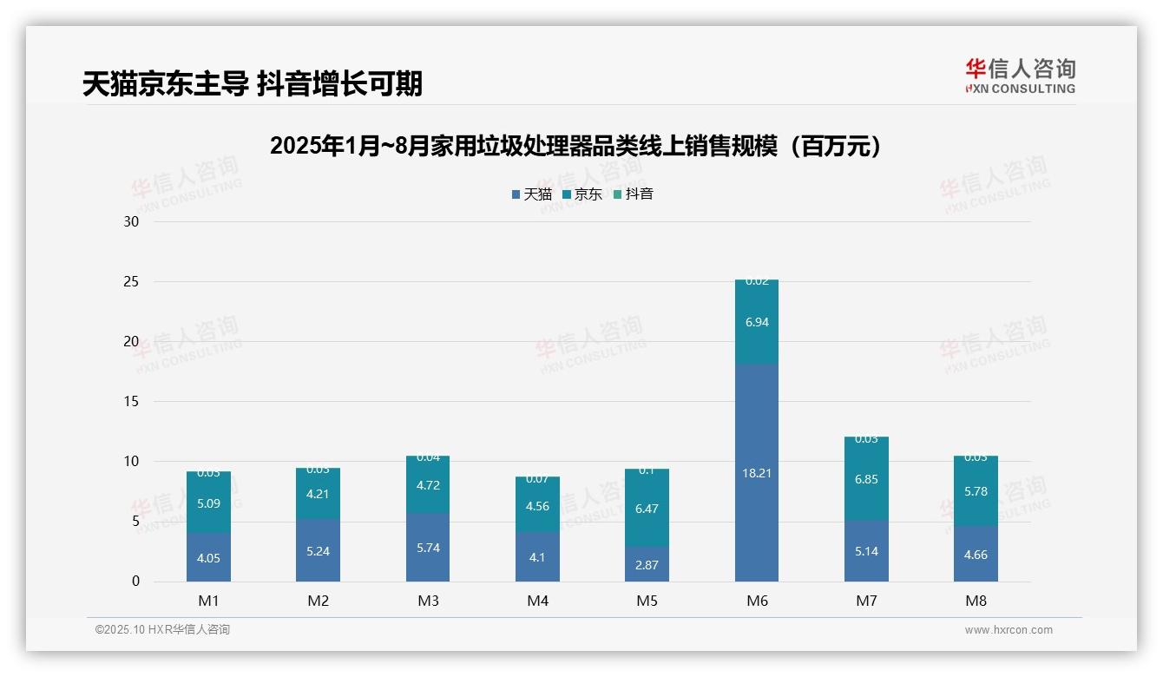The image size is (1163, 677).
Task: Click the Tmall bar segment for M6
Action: point(756,473)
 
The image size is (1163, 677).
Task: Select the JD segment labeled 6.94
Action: point(756,322)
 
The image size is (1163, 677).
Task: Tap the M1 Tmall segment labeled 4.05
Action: point(208,558)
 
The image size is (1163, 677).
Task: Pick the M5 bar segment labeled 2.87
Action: point(647,564)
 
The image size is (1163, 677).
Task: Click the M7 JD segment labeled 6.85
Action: point(866,479)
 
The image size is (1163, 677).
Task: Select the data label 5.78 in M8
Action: point(976,491)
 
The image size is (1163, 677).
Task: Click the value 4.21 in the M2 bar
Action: point(319,495)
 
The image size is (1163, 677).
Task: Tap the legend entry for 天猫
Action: point(531,194)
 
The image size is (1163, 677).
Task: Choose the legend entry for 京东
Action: point(582,194)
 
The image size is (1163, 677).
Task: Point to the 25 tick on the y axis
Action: point(131,282)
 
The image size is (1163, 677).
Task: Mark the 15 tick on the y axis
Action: point(131,402)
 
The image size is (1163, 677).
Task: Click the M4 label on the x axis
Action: point(537,601)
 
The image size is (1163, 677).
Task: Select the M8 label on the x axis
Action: point(976,601)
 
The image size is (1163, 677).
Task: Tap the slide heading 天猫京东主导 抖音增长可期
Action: point(253,84)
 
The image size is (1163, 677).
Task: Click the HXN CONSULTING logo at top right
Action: point(1020,76)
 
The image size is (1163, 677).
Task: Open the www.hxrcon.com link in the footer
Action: point(1009,630)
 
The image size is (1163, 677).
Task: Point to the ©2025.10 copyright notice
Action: point(162,630)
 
